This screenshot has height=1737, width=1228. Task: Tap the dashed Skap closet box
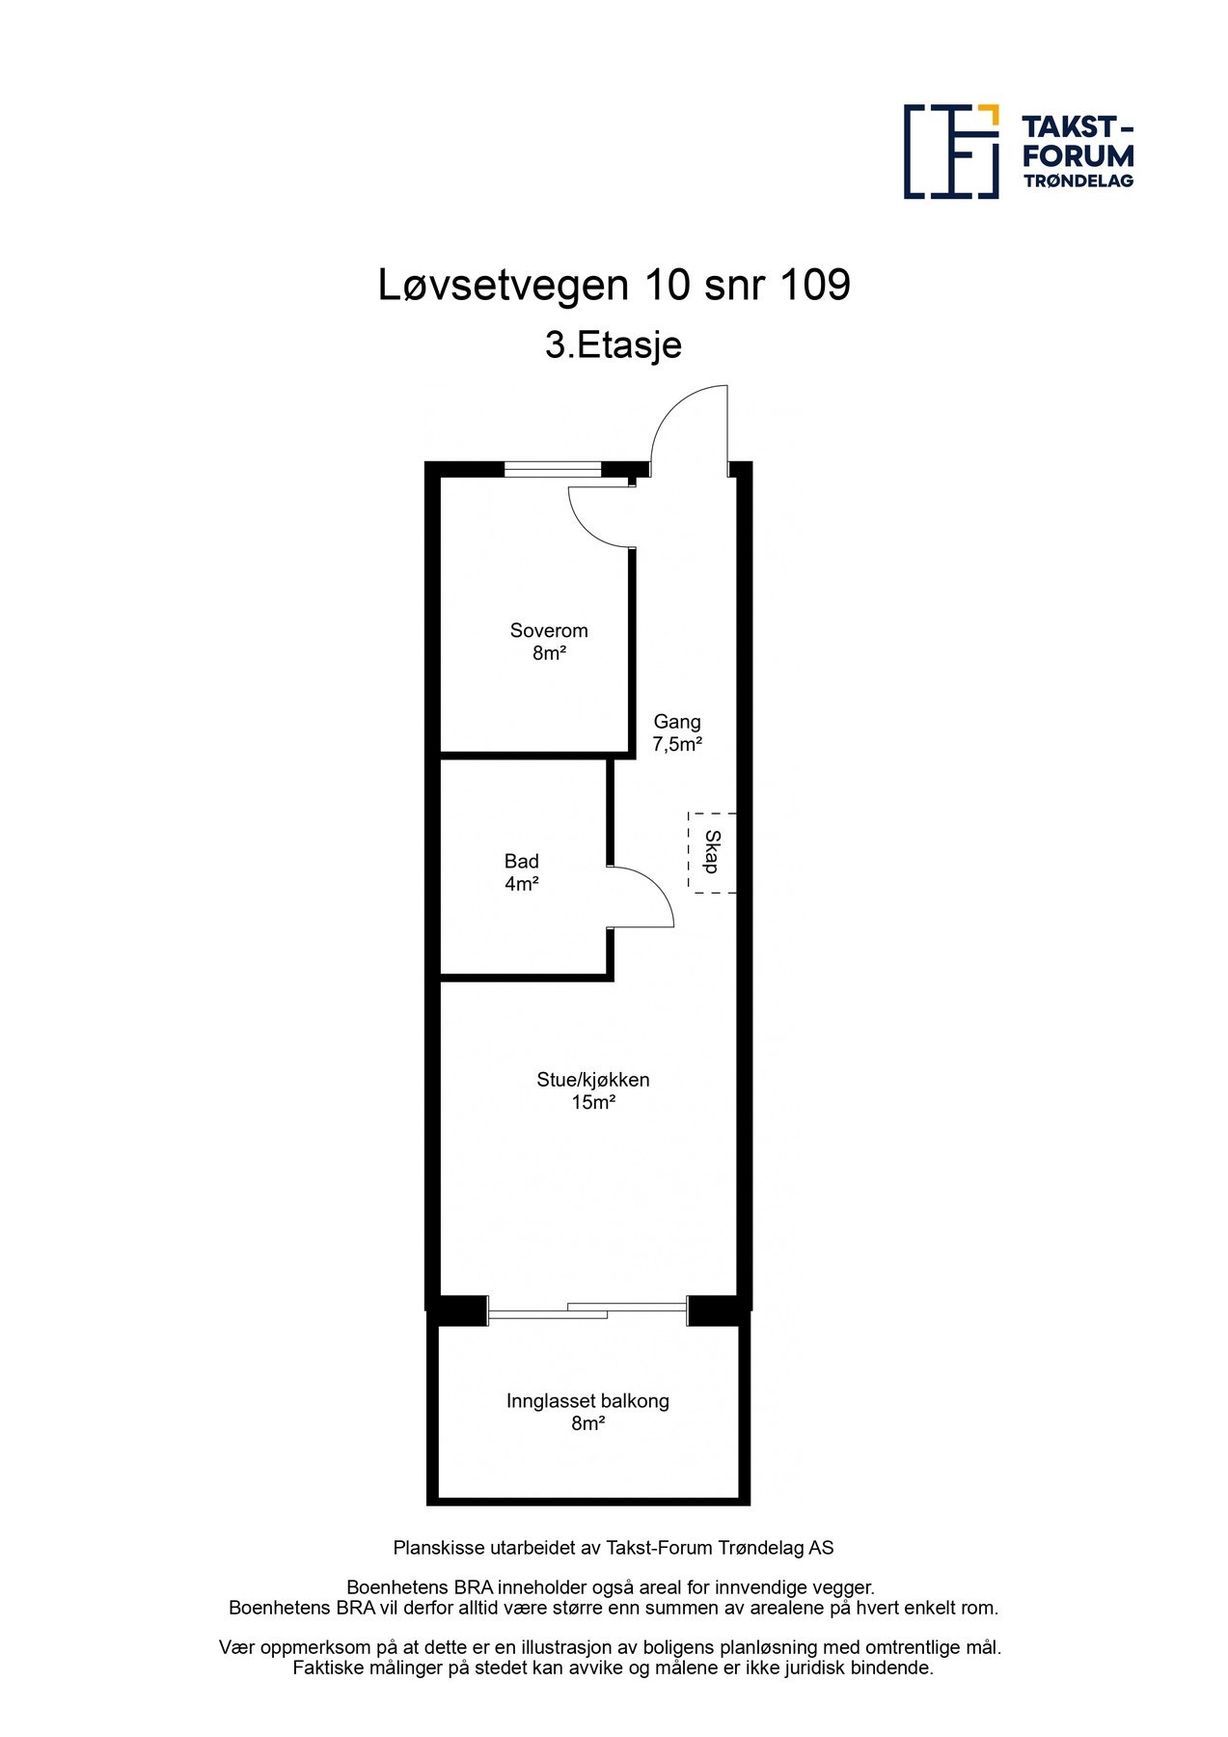[712, 853]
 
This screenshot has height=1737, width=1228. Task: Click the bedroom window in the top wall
[553, 470]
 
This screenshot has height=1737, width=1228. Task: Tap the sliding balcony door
[587, 1310]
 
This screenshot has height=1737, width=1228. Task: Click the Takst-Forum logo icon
[951, 152]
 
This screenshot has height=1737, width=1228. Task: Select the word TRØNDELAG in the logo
[1078, 180]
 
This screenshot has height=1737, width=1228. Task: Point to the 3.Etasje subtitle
[614, 345]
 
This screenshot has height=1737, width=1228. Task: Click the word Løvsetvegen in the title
[504, 286]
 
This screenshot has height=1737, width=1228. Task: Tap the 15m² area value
[593, 1103]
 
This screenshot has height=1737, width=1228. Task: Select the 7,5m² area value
[677, 745]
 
